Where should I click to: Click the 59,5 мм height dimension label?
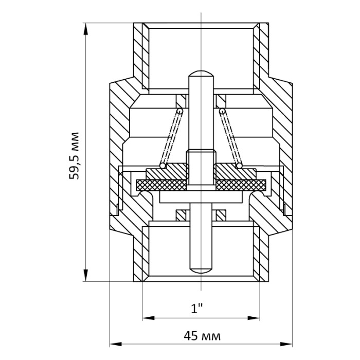point(74,156)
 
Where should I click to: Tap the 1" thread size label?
point(197,309)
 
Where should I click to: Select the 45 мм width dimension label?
point(202,336)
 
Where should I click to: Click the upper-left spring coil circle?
point(180,112)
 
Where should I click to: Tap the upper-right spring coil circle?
point(222,112)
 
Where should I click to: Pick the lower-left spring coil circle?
point(163,166)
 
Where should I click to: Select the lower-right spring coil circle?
point(240,166)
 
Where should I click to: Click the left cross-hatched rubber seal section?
point(161,185)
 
